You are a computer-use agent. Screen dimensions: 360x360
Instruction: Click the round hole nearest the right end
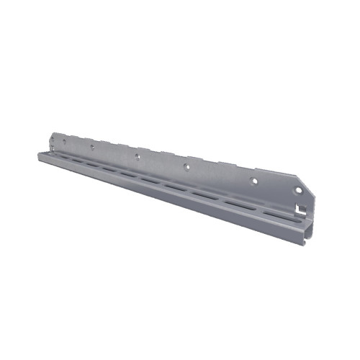(x=298, y=191)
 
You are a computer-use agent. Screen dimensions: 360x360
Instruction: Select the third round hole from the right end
(x=186, y=166)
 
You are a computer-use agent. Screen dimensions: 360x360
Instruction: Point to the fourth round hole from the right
(x=136, y=155)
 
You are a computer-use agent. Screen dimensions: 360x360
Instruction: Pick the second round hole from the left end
(x=92, y=146)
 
